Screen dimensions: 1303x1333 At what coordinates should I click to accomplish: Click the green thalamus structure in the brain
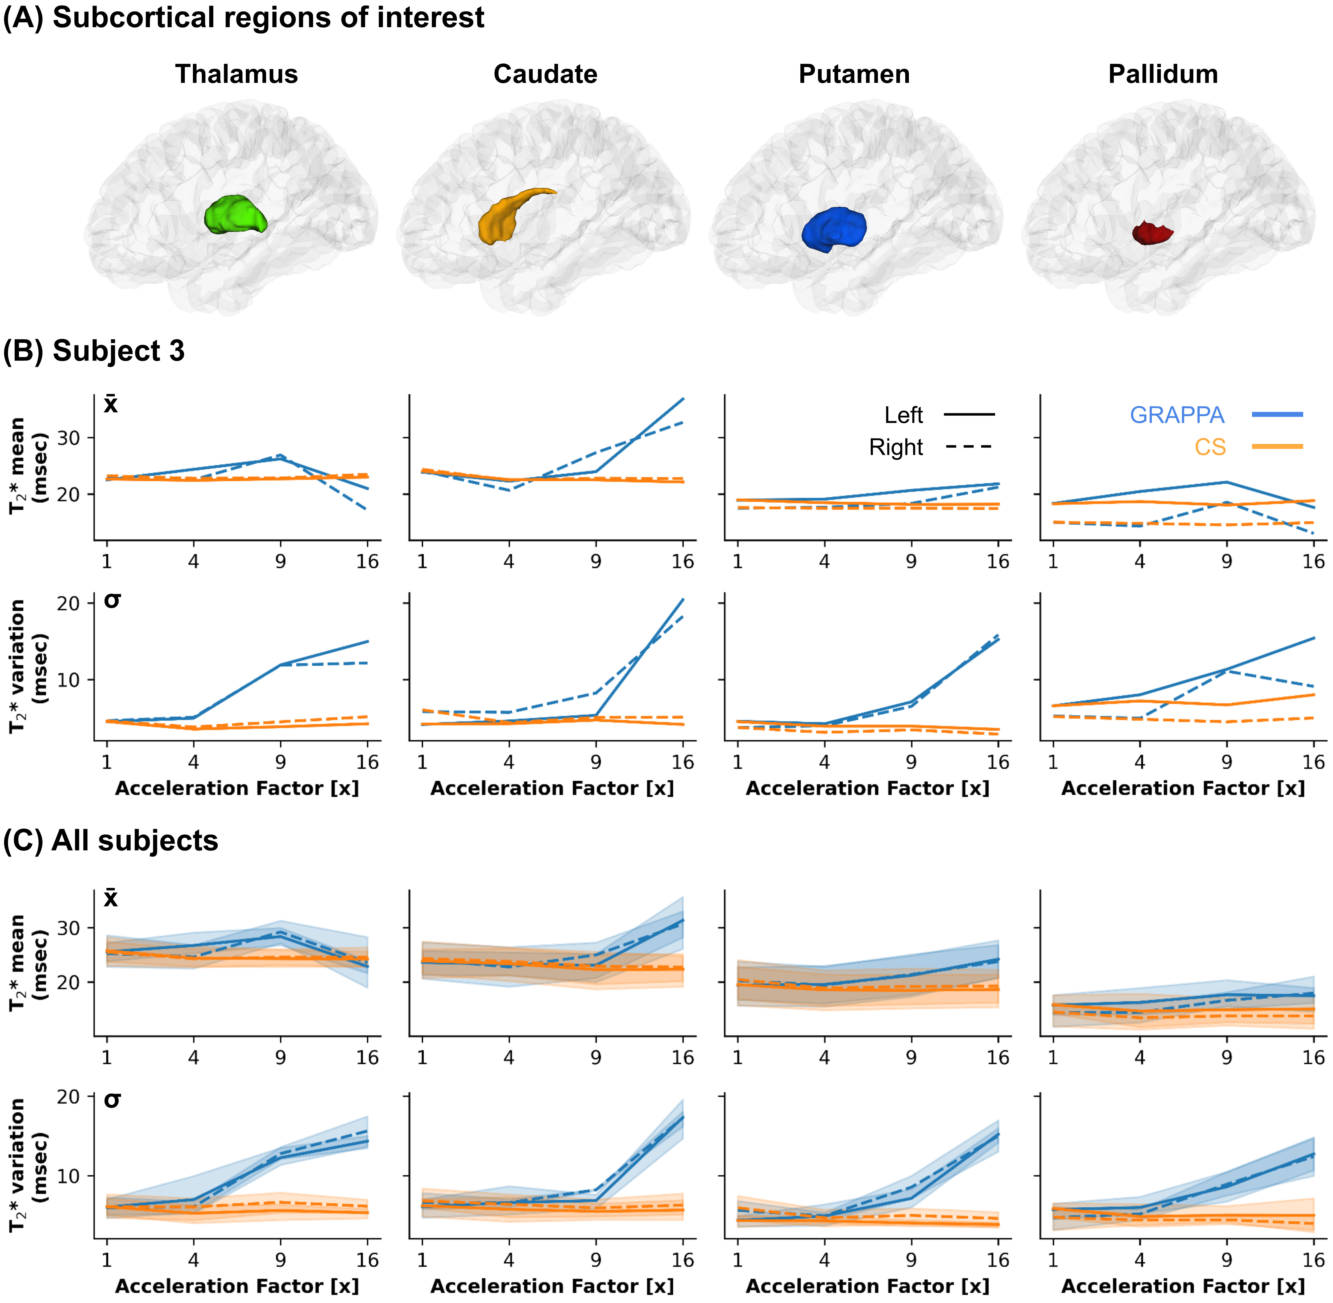click(235, 214)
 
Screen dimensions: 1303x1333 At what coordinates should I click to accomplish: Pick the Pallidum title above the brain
click(1163, 74)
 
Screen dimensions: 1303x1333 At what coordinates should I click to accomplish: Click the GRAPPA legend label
click(1176, 415)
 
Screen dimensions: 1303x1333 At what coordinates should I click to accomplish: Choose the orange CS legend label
click(1210, 447)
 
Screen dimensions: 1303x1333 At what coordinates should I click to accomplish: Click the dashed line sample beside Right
click(968, 447)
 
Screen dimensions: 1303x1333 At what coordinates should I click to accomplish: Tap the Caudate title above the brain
click(545, 74)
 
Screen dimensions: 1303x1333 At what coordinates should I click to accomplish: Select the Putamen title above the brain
click(854, 74)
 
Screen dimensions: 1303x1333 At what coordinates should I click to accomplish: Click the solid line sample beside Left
click(968, 414)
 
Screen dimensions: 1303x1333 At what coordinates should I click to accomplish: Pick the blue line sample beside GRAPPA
click(1277, 414)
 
